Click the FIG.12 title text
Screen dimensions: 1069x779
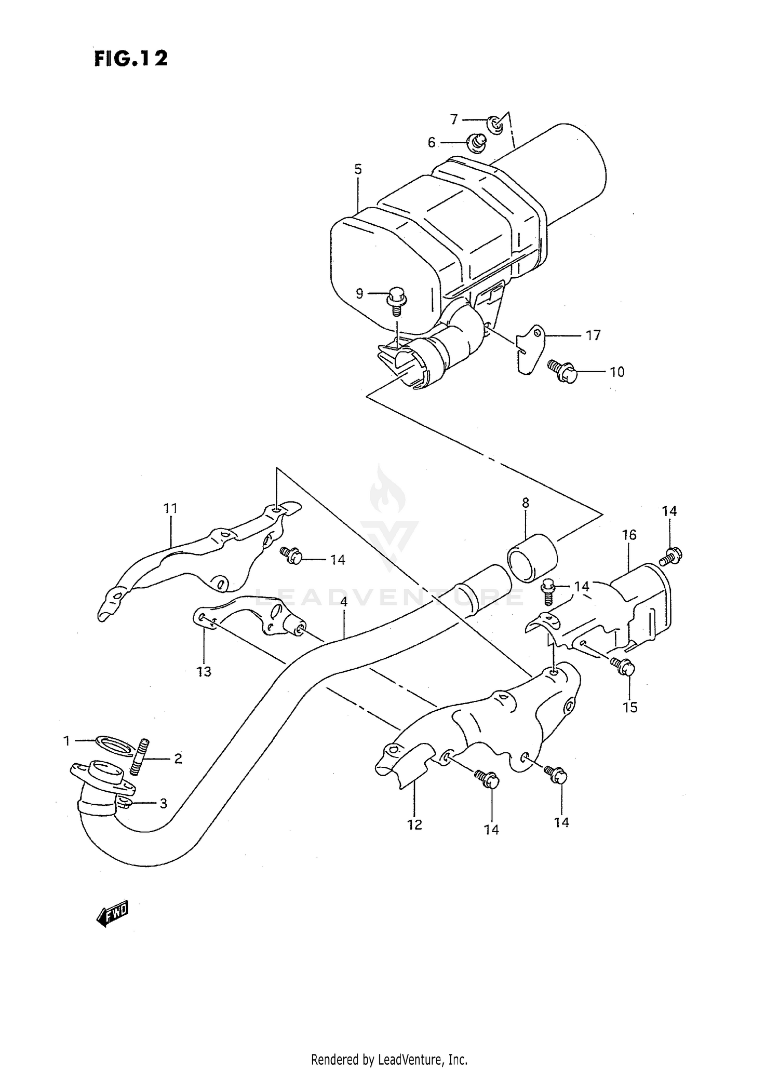tap(131, 59)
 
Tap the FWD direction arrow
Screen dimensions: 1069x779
tap(112, 916)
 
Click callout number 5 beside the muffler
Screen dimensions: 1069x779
tap(358, 169)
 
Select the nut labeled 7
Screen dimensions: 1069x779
tap(495, 124)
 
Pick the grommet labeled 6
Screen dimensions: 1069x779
tap(476, 142)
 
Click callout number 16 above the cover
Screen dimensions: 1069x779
tap(629, 535)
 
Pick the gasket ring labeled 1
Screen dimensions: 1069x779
tap(113, 743)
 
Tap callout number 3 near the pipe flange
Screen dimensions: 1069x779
tap(163, 804)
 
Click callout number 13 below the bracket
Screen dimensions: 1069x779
tap(204, 671)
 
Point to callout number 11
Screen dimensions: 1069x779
tap(170, 509)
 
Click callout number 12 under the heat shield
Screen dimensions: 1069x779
tap(414, 824)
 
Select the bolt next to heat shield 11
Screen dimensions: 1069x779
tap(291, 555)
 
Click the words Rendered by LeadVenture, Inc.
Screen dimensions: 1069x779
tap(389, 1059)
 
